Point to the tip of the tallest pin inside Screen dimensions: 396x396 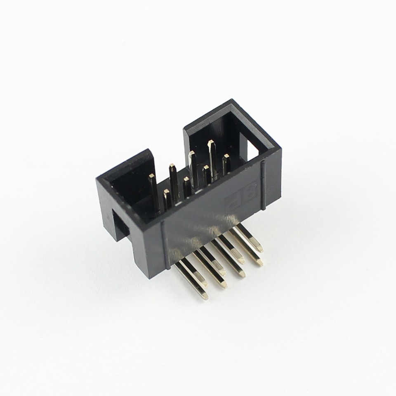(x=211, y=143)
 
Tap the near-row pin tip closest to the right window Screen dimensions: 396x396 (x=226, y=156)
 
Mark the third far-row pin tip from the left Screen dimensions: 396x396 (x=192, y=153)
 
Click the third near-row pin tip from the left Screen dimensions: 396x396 (x=206, y=167)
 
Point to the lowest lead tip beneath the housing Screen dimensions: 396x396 (x=203, y=295)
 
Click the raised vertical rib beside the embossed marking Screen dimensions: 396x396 (x=262, y=186)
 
